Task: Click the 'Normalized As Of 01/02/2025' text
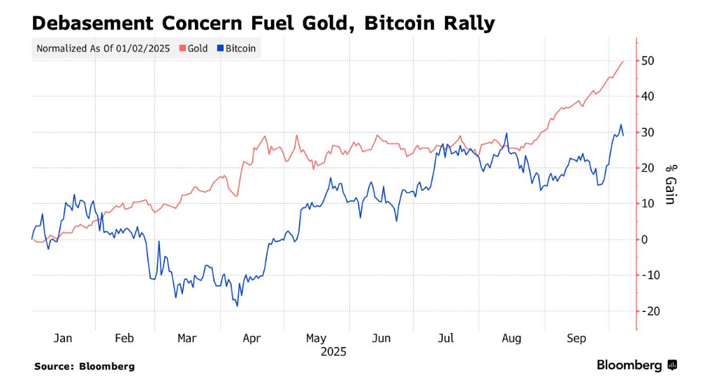point(103,49)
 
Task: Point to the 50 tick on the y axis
point(648,61)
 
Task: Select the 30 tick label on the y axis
point(648,133)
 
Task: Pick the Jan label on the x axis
point(63,339)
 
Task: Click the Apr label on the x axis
point(251,339)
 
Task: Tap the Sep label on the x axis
point(576,339)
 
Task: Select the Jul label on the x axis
point(446,339)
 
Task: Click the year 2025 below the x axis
point(333,352)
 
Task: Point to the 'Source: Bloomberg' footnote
point(84,366)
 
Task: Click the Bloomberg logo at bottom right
point(636,365)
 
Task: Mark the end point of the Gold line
point(623,61)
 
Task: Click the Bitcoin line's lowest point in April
point(238,306)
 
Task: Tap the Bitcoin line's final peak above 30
point(620,125)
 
